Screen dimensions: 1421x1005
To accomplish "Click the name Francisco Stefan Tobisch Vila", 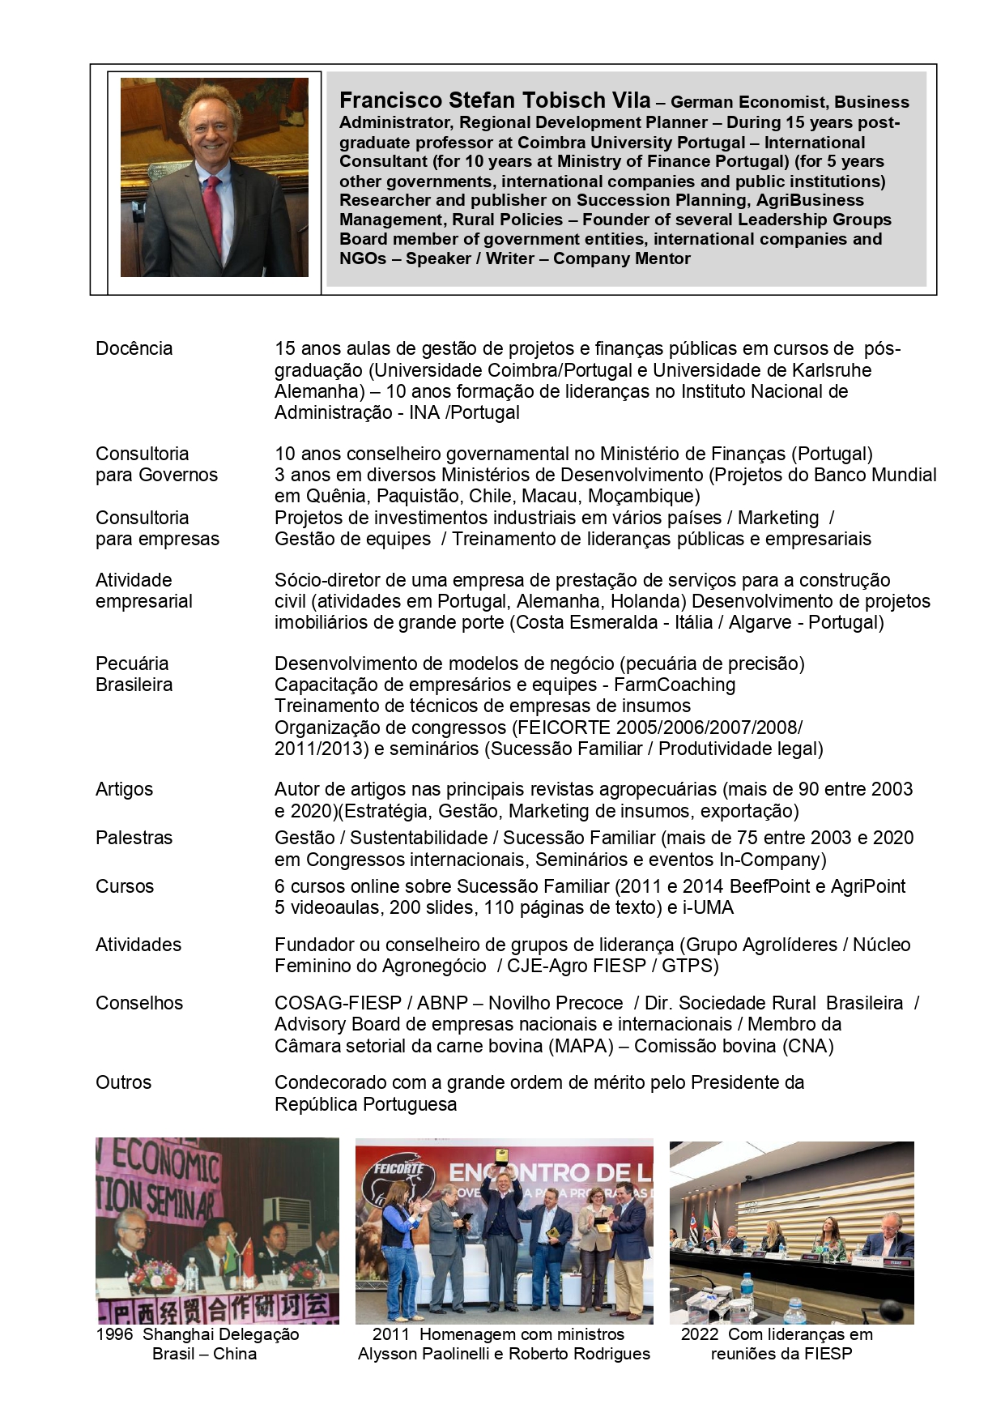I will pyautogui.click(x=494, y=100).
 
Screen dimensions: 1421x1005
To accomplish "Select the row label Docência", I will pyautogui.click(x=134, y=348).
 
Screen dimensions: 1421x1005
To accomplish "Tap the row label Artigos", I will pyautogui.click(x=124, y=789).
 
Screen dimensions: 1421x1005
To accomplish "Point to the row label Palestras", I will pyautogui.click(x=134, y=838).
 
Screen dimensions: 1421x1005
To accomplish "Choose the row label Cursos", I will pyautogui.click(x=124, y=886).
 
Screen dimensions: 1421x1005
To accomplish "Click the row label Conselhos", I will pyautogui.click(x=139, y=1003).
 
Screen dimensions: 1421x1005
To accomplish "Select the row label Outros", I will pyautogui.click(x=123, y=1082).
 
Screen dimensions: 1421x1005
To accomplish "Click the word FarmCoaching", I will pyautogui.click(x=675, y=685).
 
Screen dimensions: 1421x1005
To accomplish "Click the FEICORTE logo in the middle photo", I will pyautogui.click(x=399, y=1171).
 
